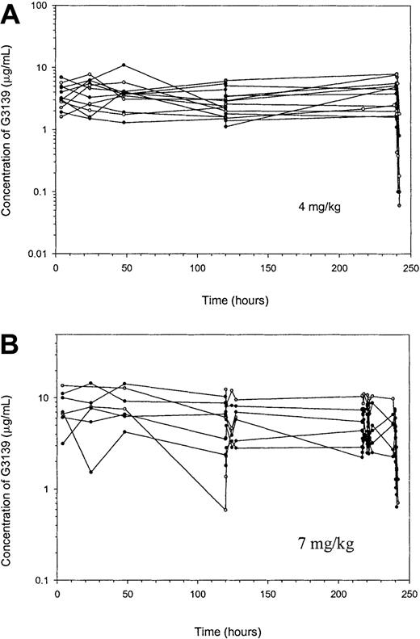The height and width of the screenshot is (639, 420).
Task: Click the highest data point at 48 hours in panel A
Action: click(124, 65)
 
